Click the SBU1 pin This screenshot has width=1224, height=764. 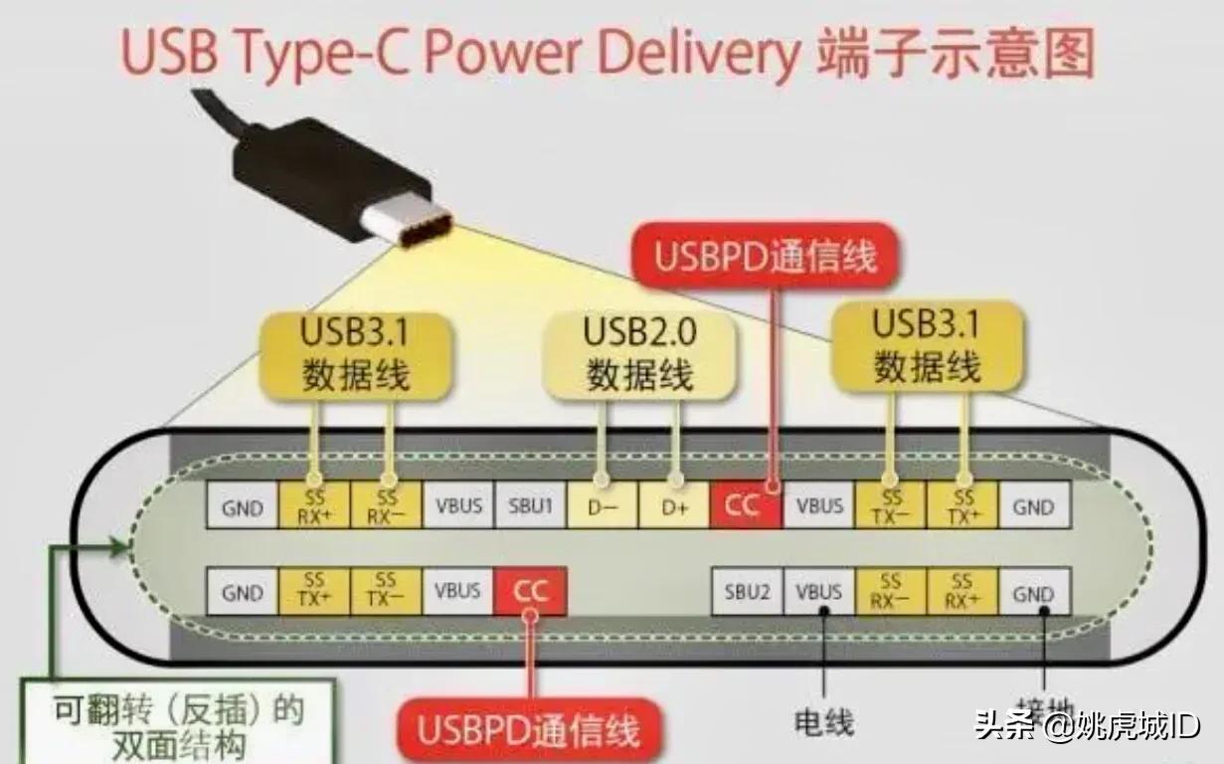pyautogui.click(x=530, y=506)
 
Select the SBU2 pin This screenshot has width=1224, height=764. pyautogui.click(x=747, y=593)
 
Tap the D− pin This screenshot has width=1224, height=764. pyautogui.click(x=602, y=506)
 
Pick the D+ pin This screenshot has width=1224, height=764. pyautogui.click(x=673, y=506)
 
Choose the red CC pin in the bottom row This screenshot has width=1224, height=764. pyautogui.click(x=530, y=591)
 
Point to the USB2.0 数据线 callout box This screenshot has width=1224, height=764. pyautogui.click(x=638, y=352)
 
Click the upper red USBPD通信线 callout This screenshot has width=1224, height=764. pyautogui.click(x=766, y=257)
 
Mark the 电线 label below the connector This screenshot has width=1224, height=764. pyautogui.click(x=824, y=721)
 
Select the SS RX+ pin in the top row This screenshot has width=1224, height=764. pyautogui.click(x=315, y=506)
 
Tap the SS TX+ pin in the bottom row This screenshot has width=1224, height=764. pyautogui.click(x=315, y=591)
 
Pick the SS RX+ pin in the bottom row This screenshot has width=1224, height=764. pyautogui.click(x=962, y=591)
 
